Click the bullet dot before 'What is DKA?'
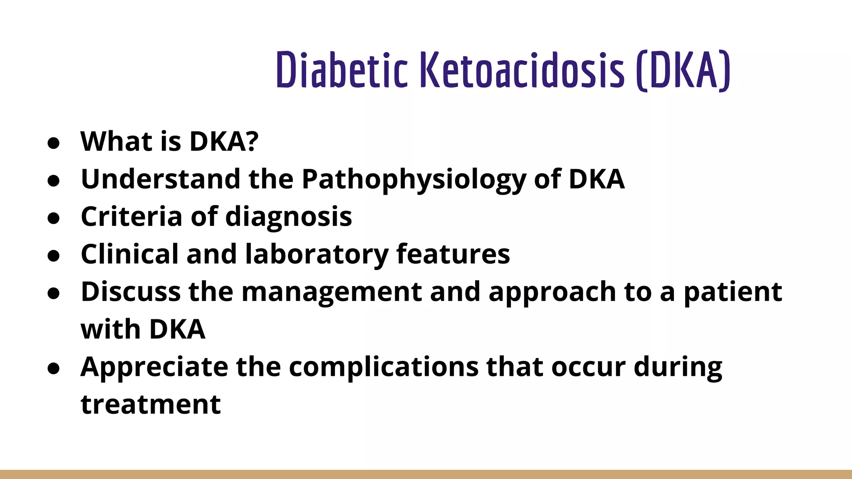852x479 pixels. [54, 143]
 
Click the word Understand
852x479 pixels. [161, 179]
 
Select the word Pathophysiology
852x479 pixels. [414, 180]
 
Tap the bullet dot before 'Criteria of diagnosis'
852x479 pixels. [54, 218]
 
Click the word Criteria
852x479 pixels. [131, 217]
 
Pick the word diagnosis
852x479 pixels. [288, 217]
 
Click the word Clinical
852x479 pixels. [129, 254]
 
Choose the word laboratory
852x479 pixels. [317, 255]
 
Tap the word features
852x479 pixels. [453, 254]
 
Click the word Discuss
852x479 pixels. [131, 291]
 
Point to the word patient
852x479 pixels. [733, 292]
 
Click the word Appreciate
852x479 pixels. [154, 367]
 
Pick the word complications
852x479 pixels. [384, 367]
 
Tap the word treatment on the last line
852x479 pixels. [151, 404]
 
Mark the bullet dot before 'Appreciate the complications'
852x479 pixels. [54, 368]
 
